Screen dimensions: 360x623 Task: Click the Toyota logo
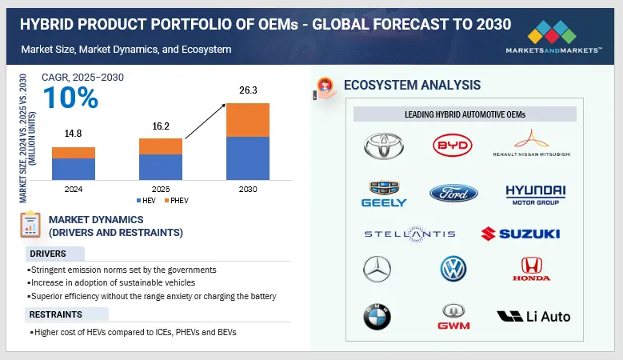click(x=384, y=146)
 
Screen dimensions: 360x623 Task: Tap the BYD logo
click(x=453, y=146)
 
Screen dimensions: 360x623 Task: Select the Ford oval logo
click(x=453, y=193)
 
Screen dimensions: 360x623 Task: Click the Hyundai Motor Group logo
click(x=535, y=194)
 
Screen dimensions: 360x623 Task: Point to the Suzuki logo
click(x=520, y=234)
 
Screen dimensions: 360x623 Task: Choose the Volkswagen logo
click(x=453, y=269)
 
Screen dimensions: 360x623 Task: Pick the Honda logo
click(x=531, y=269)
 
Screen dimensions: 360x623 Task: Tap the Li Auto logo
click(x=533, y=316)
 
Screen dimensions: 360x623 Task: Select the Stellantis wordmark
click(x=409, y=234)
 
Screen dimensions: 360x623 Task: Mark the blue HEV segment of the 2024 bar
click(x=74, y=169)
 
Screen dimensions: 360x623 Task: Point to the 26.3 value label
click(x=248, y=90)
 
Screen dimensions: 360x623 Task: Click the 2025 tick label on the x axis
click(x=161, y=189)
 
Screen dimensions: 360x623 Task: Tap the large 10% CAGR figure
click(x=70, y=98)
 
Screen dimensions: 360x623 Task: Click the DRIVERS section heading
click(x=49, y=254)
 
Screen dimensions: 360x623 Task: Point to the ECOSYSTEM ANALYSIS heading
click(x=411, y=86)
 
